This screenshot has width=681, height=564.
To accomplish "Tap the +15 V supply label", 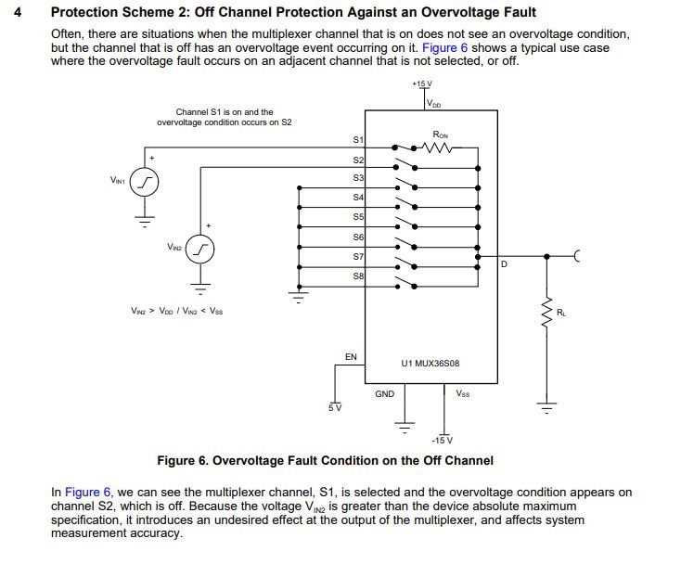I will pos(424,83).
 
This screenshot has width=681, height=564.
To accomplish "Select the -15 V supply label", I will pos(443,439).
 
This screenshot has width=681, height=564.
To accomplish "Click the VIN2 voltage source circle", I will pos(201,249).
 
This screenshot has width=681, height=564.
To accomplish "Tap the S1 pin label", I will pos(358,139).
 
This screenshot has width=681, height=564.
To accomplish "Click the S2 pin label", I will pos(358,160).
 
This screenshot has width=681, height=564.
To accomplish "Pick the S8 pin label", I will pos(358,276).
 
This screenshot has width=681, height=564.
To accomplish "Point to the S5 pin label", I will pos(358,218).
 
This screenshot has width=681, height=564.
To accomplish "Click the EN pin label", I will pos(351,356).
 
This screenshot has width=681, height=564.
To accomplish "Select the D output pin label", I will pos(504,264).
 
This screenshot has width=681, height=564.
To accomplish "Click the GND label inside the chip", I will pos(385,393).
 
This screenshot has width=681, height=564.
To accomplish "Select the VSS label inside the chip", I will pos(462,393).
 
